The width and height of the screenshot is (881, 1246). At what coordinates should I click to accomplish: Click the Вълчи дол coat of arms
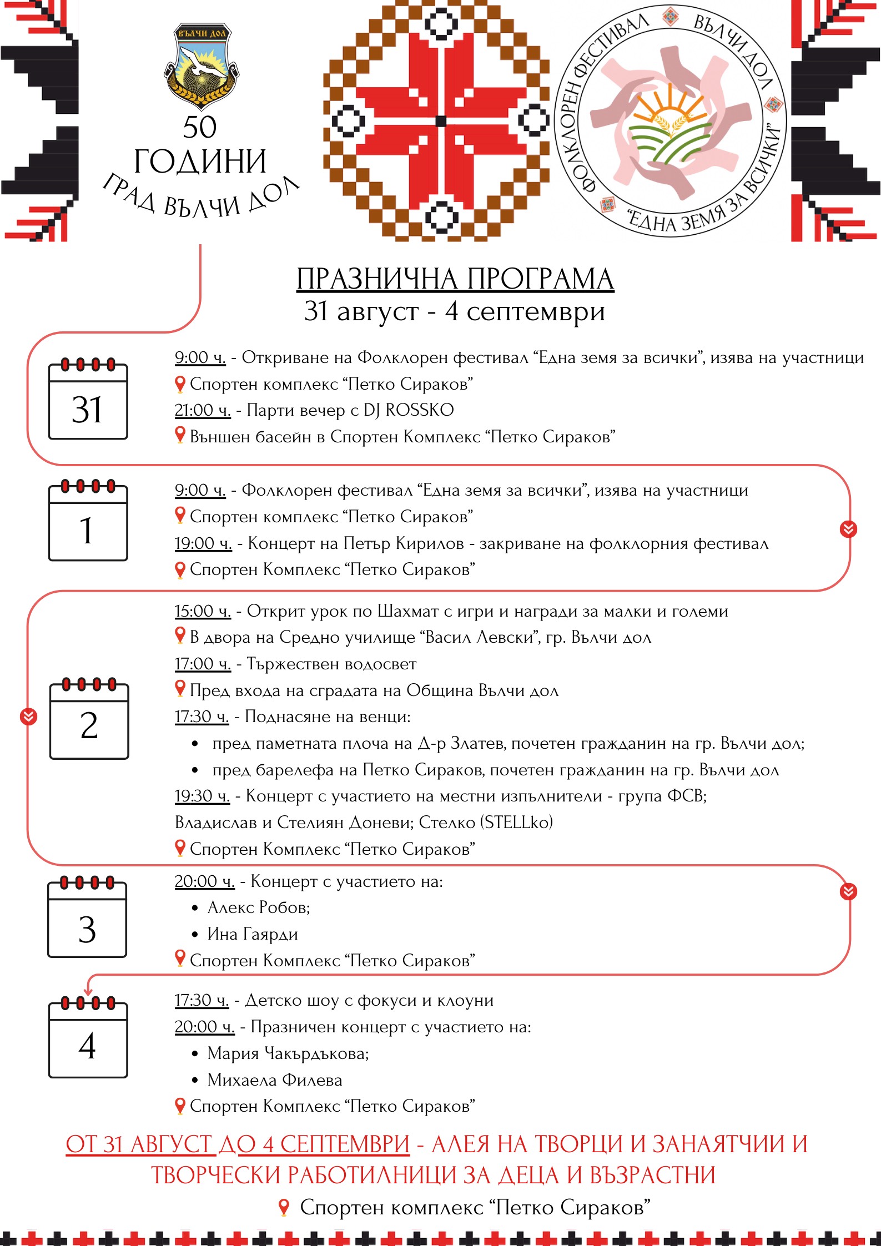201,65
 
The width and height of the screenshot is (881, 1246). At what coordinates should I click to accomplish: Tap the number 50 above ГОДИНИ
200,128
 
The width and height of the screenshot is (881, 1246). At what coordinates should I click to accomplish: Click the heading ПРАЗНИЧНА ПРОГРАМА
455,279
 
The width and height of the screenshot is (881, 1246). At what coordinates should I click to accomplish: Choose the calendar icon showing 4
88,1040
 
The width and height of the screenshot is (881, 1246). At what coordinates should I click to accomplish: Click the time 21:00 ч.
202,410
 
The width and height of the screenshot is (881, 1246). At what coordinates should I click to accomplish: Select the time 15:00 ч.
202,611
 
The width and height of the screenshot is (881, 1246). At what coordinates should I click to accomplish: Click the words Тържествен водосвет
331,664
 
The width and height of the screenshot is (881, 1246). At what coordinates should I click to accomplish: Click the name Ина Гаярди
253,934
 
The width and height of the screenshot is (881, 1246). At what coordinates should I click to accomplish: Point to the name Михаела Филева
275,1079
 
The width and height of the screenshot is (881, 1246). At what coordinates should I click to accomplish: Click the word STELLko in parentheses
517,822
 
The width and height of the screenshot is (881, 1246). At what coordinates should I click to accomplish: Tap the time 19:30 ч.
202,796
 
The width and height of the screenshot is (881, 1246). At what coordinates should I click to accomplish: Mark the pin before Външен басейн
180,435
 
